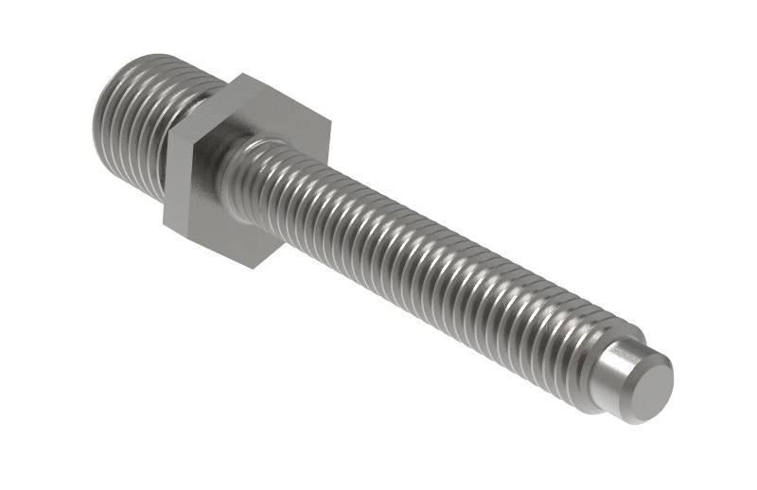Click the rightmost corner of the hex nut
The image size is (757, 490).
pos(330,122)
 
